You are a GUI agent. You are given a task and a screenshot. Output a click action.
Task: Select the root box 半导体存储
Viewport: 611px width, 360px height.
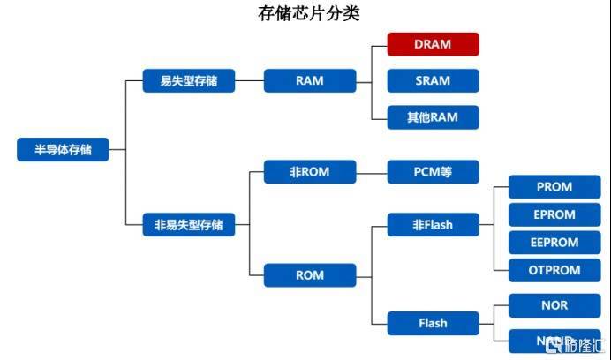pyautogui.click(x=63, y=150)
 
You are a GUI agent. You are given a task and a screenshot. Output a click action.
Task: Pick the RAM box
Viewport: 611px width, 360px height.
pyautogui.click(x=310, y=81)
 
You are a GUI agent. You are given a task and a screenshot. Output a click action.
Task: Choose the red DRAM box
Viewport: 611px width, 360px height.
pyautogui.click(x=433, y=44)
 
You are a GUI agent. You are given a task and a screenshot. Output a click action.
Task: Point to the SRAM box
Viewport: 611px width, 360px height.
pyautogui.click(x=433, y=81)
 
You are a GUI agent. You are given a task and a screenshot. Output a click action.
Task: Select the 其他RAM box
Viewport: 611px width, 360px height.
pyautogui.click(x=433, y=117)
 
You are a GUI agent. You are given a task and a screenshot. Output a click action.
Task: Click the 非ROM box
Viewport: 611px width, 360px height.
pyautogui.click(x=310, y=172)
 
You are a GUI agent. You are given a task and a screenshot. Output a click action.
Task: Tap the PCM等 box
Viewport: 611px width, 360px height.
pyautogui.click(x=433, y=172)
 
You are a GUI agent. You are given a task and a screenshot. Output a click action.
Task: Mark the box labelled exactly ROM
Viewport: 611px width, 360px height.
pyautogui.click(x=310, y=274)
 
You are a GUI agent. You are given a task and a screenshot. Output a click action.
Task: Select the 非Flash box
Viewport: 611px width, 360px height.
pyautogui.click(x=433, y=225)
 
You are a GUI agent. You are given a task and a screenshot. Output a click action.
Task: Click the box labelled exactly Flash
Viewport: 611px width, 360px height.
pyautogui.click(x=433, y=323)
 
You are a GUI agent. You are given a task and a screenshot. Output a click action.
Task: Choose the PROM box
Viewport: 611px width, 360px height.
pyautogui.click(x=554, y=187)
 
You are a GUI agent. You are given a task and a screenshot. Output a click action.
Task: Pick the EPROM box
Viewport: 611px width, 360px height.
pyautogui.click(x=554, y=214)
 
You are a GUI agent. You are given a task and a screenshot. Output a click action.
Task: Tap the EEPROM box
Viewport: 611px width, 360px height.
pyautogui.click(x=554, y=243)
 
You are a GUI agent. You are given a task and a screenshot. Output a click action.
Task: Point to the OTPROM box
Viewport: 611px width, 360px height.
pyautogui.click(x=554, y=270)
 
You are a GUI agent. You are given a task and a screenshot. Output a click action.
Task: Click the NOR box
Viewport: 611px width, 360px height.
pyautogui.click(x=554, y=305)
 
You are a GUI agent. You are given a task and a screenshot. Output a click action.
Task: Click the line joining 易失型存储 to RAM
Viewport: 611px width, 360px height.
pyautogui.click(x=250, y=81)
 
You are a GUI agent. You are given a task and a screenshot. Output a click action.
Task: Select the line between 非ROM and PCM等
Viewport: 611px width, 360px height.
pyautogui.click(x=372, y=172)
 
